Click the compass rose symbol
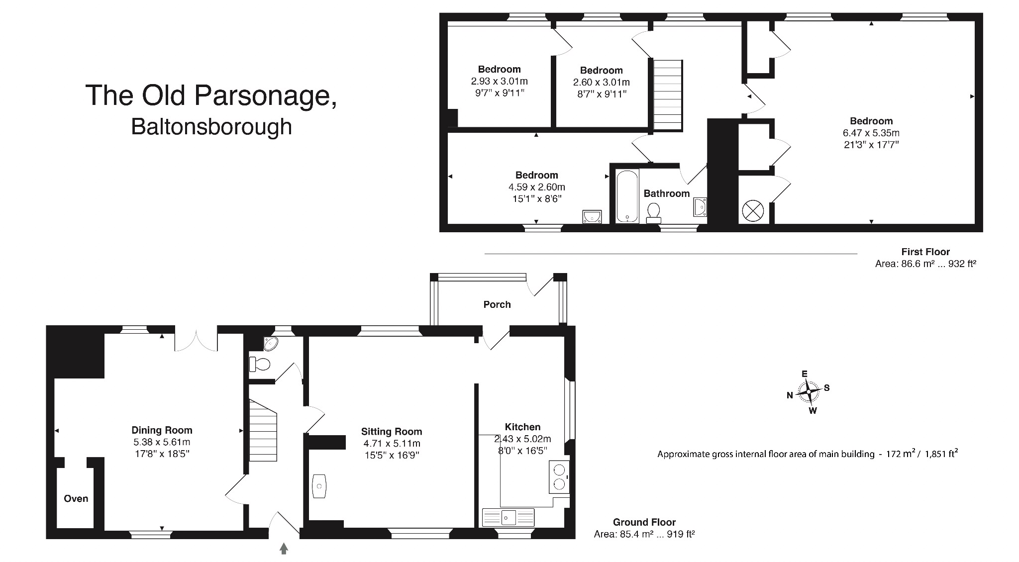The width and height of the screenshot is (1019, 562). tap(809, 392)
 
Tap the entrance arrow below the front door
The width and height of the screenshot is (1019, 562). tap(284, 549)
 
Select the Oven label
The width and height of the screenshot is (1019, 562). tap(76, 498)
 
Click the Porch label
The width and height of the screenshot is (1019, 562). tap(497, 304)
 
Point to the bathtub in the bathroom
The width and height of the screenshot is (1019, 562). tap(627, 196)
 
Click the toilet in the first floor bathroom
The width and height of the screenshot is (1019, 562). tap(653, 213)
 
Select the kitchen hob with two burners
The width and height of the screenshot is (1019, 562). tap(559, 476)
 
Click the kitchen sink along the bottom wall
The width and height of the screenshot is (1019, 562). tap(508, 517)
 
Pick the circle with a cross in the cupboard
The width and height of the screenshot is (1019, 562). tap(752, 210)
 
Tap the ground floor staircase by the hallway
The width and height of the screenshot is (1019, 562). tap(263, 431)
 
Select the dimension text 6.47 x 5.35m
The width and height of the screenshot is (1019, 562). tap(871, 133)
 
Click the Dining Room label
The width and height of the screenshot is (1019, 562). tap(162, 430)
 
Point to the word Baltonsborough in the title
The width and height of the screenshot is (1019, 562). tap(211, 127)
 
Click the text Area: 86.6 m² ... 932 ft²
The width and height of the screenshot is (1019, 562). tap(925, 264)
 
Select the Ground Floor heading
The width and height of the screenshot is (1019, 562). tap(644, 522)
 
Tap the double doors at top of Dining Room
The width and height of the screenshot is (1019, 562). tap(196, 339)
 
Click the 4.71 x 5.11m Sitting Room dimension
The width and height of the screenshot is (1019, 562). tap(392, 444)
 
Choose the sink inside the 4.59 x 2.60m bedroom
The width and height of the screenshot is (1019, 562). tap(592, 216)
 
